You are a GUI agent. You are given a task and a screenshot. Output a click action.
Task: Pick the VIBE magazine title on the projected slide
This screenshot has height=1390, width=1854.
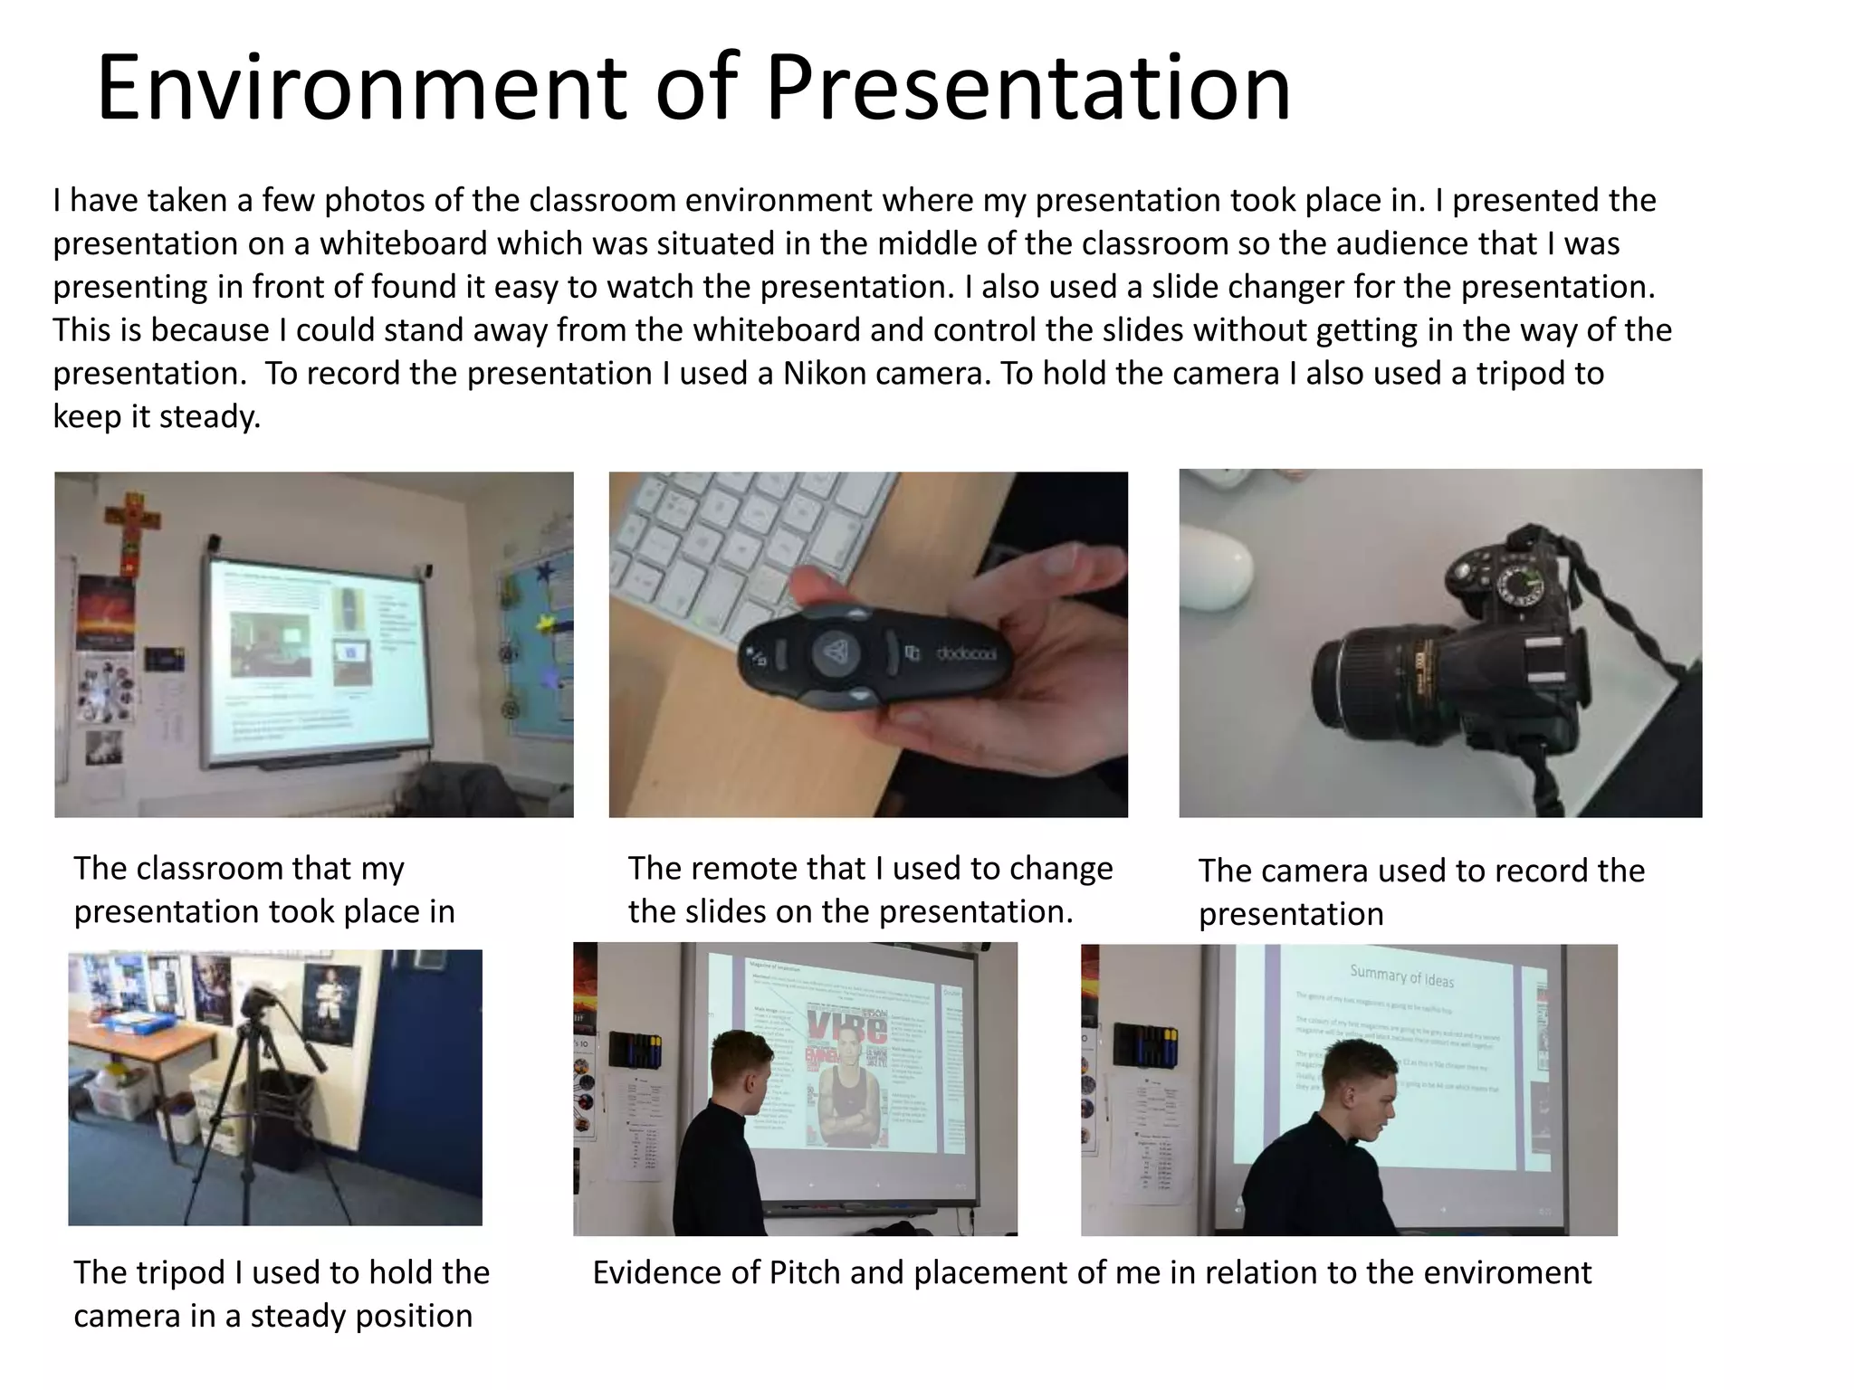click(x=846, y=1028)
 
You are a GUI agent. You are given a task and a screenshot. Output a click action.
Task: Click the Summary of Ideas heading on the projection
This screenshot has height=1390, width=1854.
click(x=1401, y=976)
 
